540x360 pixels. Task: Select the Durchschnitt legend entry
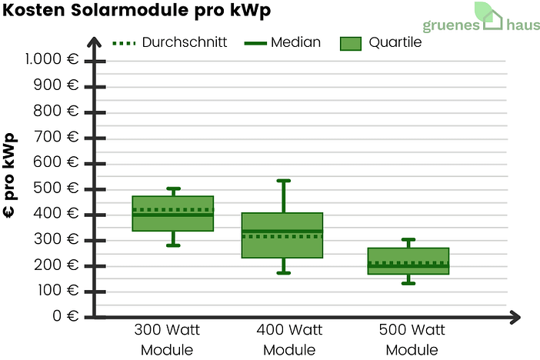pyautogui.click(x=170, y=42)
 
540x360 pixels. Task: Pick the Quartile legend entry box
pyautogui.click(x=350, y=43)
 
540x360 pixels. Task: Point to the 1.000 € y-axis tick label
pyautogui.click(x=53, y=60)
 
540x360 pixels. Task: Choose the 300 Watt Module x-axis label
pyautogui.click(x=167, y=340)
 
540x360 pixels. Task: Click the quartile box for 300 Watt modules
pyautogui.click(x=173, y=223)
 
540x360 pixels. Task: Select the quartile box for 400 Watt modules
pyautogui.click(x=282, y=235)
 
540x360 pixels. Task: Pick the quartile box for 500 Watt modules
pyautogui.click(x=408, y=262)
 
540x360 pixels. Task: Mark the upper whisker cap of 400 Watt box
pyautogui.click(x=283, y=181)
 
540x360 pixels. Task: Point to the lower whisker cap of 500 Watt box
pyautogui.click(x=408, y=283)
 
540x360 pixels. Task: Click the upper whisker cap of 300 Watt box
pyautogui.click(x=173, y=188)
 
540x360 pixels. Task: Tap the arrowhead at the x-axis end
pyautogui.click(x=515, y=316)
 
